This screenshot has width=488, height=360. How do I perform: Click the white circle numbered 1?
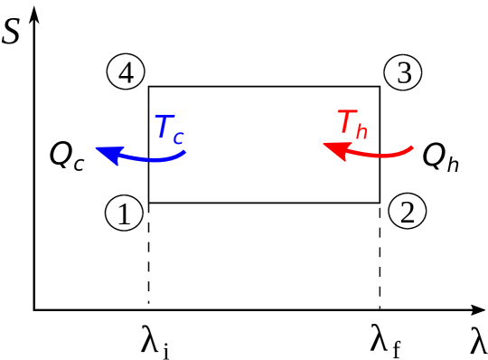click(x=125, y=213)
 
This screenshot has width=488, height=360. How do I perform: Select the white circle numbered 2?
click(x=408, y=212)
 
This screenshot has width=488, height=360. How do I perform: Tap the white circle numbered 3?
click(x=403, y=73)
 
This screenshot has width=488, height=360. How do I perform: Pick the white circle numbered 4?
click(x=126, y=72)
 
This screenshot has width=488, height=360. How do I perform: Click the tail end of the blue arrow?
click(x=185, y=152)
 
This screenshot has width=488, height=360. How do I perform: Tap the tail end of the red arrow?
click(x=413, y=147)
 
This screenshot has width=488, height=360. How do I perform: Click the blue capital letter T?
click(x=164, y=128)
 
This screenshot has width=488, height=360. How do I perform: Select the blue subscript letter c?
click(x=179, y=137)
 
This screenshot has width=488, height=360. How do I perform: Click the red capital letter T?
click(x=346, y=121)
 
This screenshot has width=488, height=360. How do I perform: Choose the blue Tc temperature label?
click(x=170, y=129)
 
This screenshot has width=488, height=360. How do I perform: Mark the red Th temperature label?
click(x=352, y=124)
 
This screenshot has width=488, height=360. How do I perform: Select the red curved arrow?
click(x=371, y=153)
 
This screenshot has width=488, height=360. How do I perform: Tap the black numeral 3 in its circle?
click(x=403, y=73)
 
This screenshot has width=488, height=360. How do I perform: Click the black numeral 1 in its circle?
click(x=125, y=213)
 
